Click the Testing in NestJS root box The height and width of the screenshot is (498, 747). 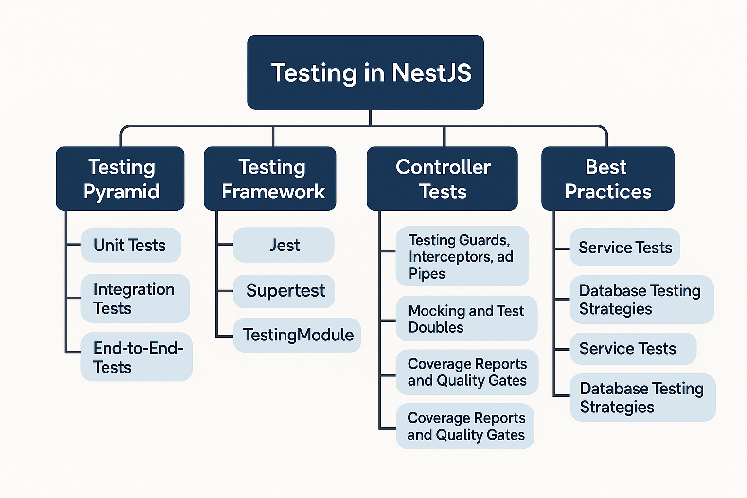[x=365, y=72]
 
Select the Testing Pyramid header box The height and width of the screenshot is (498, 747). [x=120, y=178]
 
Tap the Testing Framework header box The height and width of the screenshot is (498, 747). [x=270, y=178]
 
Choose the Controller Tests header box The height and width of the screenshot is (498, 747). [x=442, y=178]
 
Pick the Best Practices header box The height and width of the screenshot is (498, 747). [x=607, y=178]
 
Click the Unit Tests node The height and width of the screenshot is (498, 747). [x=130, y=245]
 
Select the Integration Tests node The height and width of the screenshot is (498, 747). [x=135, y=298]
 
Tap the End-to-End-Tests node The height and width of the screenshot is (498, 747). [x=136, y=357]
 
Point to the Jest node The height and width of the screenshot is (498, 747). [x=284, y=245]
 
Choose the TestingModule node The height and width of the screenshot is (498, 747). [x=297, y=335]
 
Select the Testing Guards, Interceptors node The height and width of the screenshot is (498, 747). [x=462, y=256]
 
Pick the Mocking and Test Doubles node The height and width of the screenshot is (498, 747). [x=466, y=319]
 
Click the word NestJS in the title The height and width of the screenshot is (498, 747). [x=431, y=73]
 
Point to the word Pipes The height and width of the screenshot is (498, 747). [x=427, y=274]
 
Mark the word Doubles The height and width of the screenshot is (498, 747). [x=436, y=327]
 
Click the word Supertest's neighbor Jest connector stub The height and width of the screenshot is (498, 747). [x=225, y=245]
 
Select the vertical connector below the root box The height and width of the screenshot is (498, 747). [x=370, y=118]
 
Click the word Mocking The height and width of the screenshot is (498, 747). [x=437, y=311]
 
